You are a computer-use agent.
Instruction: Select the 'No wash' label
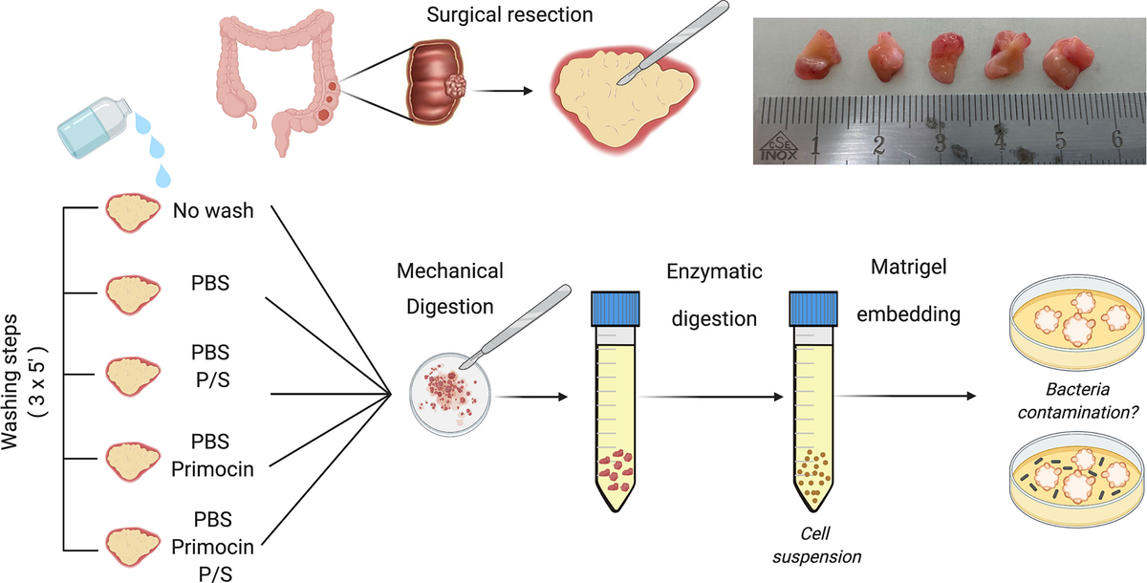pyautogui.click(x=213, y=209)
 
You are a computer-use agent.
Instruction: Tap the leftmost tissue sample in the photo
pyautogui.click(x=812, y=58)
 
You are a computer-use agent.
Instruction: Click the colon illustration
pyautogui.click(x=276, y=77)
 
